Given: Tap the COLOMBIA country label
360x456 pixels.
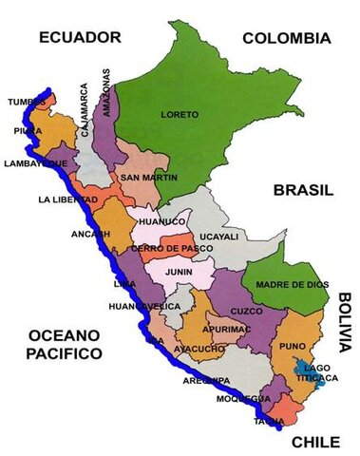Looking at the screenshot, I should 286,39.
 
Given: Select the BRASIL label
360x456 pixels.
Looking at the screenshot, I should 303,191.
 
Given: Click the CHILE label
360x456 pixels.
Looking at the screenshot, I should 314,442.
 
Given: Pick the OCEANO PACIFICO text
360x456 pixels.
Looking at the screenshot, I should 65,344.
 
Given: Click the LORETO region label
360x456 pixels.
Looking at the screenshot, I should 180,115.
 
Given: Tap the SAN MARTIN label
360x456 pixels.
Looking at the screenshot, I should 145,178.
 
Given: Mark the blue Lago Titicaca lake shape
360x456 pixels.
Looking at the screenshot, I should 308,371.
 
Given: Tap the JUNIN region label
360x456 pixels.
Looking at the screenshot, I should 180,270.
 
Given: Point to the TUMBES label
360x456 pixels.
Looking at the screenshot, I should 26,101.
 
